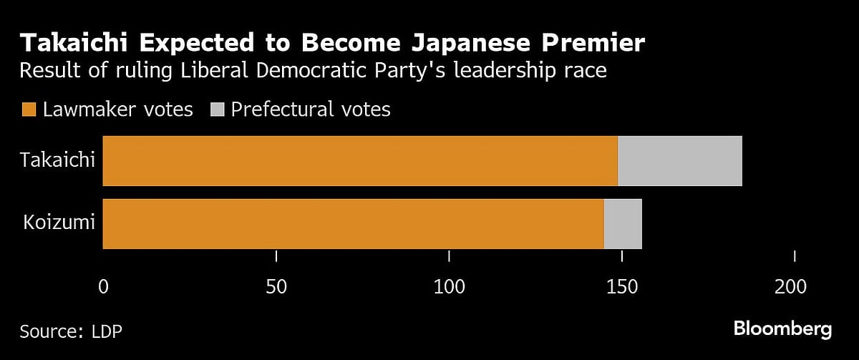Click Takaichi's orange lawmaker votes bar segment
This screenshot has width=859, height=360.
coord(360,161)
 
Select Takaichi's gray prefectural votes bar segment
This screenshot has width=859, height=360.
coord(679,161)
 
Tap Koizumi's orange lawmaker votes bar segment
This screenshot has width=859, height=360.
coord(354,224)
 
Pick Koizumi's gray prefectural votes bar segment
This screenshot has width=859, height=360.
coord(623,224)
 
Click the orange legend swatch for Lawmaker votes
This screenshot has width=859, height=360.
coord(29,110)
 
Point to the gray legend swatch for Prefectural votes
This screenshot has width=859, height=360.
coord(218,110)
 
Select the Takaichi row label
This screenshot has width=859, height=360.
coord(58,160)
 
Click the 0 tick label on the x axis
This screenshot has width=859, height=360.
coord(103,287)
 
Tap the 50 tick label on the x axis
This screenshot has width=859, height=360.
coord(276,287)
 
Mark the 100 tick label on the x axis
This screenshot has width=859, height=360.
coord(449,287)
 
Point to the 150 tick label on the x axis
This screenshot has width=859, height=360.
coord(621,287)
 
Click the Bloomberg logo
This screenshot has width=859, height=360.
coord(782,329)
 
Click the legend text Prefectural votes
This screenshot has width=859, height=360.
coord(311,110)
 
